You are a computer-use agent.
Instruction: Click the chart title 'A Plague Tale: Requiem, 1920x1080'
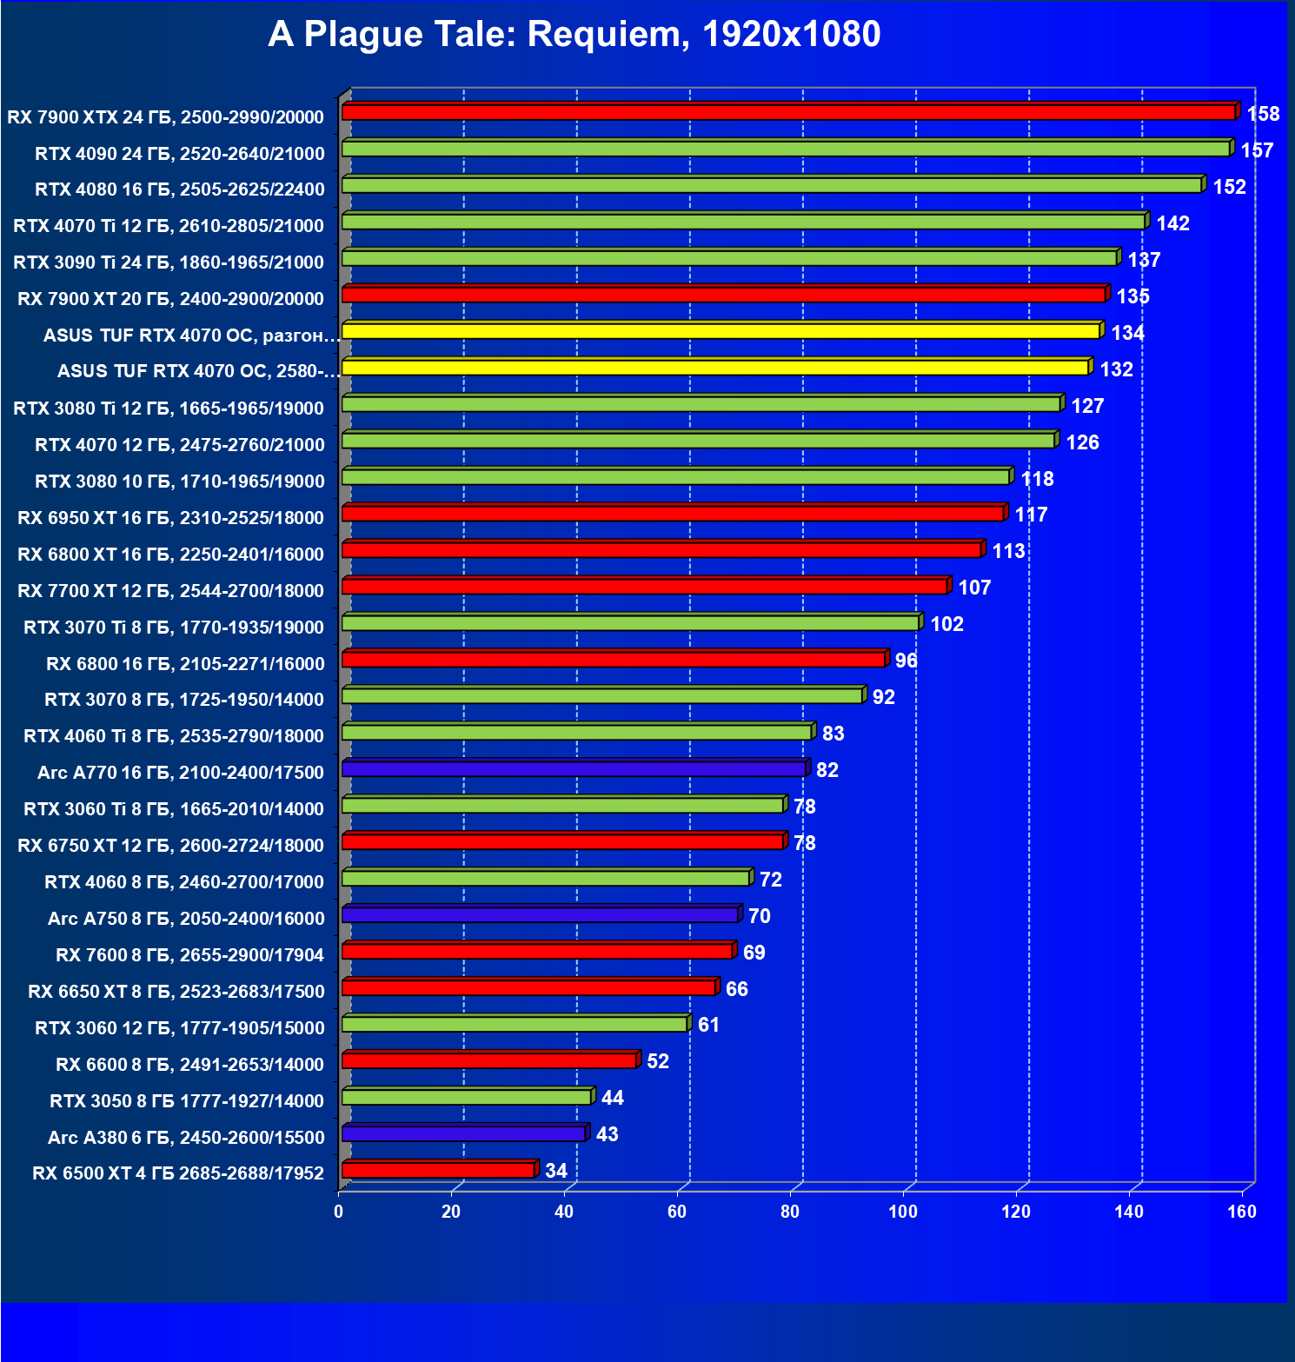coord(574,35)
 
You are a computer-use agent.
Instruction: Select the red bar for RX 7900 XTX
coord(788,112)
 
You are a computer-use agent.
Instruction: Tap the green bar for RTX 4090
coord(786,149)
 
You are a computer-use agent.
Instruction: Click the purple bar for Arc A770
coord(574,769)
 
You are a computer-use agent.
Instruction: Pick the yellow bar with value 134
coord(721,331)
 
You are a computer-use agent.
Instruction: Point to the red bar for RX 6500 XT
coord(438,1170)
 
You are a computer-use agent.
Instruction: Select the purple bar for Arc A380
coord(463,1133)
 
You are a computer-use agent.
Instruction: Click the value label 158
coord(1263,114)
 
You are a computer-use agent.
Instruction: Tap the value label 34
coord(556,1171)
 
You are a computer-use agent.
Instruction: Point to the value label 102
coord(946,624)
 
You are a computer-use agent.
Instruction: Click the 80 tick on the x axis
coord(790,1212)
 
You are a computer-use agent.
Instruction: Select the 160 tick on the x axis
coord(1242,1212)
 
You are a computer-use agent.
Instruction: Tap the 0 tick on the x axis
coord(339,1212)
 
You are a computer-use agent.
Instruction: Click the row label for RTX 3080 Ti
coord(169,409)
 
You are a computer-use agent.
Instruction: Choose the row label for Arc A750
coord(186,919)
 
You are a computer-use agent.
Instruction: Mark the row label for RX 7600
coord(189,955)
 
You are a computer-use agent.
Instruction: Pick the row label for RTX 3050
coord(187,1101)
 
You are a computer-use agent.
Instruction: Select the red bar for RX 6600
coord(489,1060)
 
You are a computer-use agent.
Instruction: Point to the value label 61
coord(708,1025)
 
